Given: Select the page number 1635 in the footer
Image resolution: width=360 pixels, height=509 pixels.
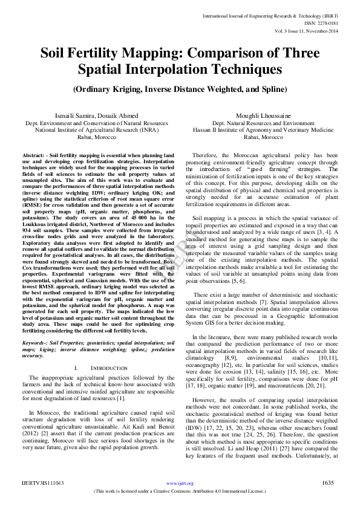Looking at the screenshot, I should tap(328, 483).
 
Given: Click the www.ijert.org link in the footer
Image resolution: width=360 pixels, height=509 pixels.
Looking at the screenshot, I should tap(179, 483).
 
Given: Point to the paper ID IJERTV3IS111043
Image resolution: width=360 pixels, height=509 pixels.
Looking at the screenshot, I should tap(43, 483).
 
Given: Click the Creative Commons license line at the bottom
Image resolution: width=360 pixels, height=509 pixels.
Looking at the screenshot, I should tap(180, 491).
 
